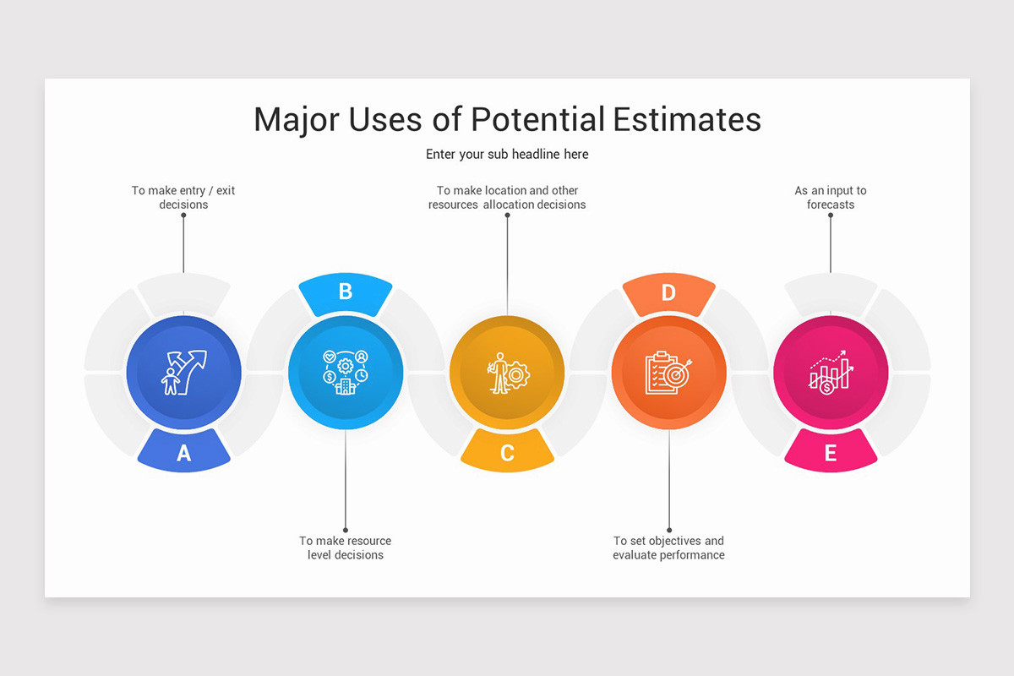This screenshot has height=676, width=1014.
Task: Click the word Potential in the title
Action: point(537,119)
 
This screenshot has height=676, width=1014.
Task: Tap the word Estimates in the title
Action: point(687,119)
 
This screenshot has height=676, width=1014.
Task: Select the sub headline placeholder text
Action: point(507,155)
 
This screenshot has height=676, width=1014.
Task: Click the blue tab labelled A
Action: point(183,452)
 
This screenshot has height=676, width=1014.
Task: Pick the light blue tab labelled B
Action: point(345,292)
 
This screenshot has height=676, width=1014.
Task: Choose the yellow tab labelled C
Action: point(507,452)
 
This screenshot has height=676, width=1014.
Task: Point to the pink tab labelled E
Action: point(831,452)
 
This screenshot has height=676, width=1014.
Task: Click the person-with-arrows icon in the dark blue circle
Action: point(183,373)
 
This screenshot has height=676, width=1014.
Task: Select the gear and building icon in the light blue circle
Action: point(345,373)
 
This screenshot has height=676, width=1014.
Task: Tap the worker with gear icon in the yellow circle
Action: point(507,373)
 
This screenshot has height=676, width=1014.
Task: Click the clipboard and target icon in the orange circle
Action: point(668,373)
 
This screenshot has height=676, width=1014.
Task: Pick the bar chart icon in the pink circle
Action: point(831,373)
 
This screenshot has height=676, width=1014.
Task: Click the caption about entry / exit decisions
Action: point(183,198)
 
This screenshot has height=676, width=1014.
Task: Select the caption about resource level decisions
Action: point(345,548)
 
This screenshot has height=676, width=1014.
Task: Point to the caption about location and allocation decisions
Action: point(507,198)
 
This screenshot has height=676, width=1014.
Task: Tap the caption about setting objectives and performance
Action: point(668,548)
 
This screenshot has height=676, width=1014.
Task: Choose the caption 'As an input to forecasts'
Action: point(831,198)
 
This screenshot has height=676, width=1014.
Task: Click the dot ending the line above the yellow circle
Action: point(507,215)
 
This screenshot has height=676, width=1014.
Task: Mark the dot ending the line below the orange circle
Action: point(668,530)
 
